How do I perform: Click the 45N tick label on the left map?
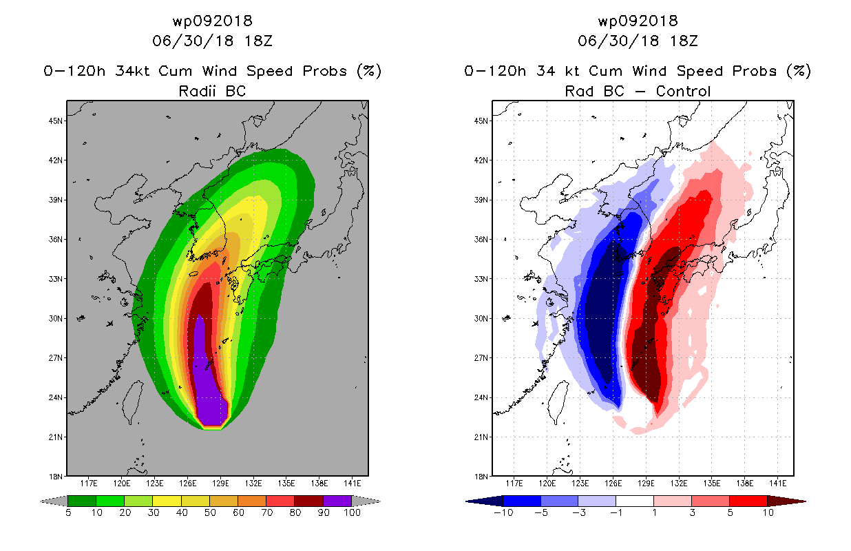[56, 121]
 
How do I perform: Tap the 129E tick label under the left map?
[220, 484]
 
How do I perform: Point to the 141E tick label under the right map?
[778, 484]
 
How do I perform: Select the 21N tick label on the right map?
[481, 437]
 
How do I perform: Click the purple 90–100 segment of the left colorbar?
[337, 501]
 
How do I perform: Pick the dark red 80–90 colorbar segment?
[309, 501]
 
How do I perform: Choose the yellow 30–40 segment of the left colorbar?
[167, 501]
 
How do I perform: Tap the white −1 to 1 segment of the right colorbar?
[635, 501]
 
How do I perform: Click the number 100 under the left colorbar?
[352, 512]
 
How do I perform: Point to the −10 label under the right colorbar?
[503, 512]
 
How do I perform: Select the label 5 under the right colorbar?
[730, 512]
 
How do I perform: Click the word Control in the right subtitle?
[683, 91]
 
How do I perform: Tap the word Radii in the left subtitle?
[197, 91]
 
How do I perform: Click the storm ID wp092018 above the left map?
[212, 21]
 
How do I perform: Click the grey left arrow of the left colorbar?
[54, 501]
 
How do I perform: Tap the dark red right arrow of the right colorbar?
[787, 501]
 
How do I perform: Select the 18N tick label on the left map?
[56, 477]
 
